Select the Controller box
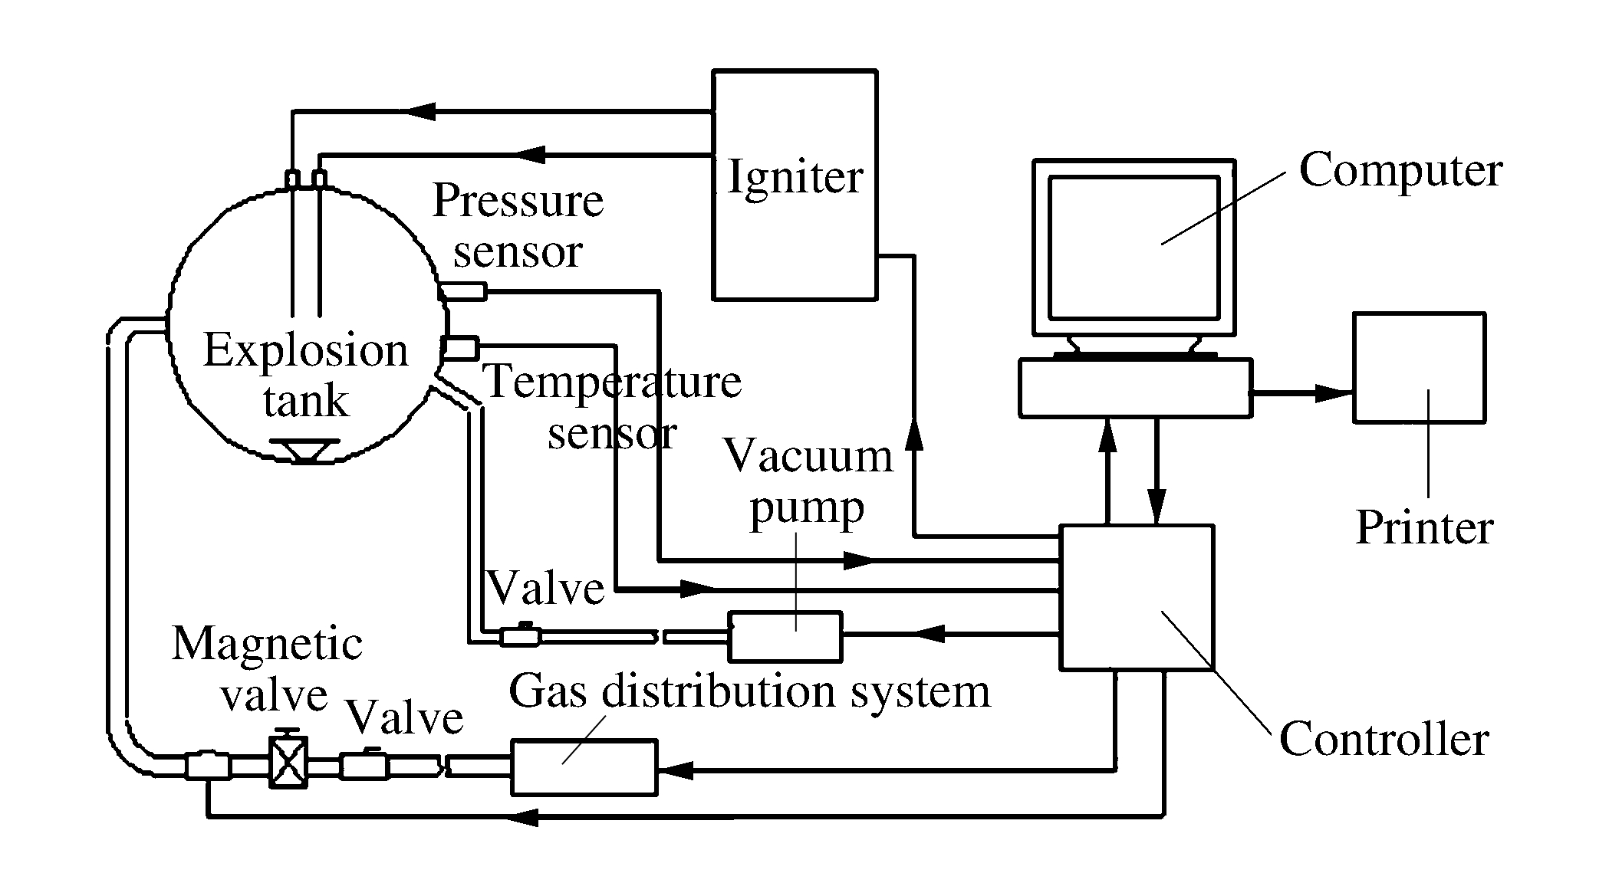pos(1136,597)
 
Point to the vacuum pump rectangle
pos(785,636)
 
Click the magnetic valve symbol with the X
pos(288,762)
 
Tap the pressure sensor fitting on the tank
pos(462,291)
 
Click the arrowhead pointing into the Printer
pos(1334,394)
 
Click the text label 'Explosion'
pos(305,351)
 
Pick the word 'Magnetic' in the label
pos(267,644)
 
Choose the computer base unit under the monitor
pos(1135,388)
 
